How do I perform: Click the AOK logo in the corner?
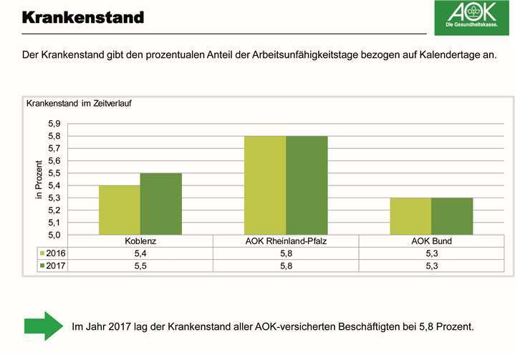tap(472, 18)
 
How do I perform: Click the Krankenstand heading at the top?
tap(82, 16)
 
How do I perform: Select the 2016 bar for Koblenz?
tap(120, 210)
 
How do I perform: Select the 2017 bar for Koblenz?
tap(161, 204)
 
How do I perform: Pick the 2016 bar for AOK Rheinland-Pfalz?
tap(265, 185)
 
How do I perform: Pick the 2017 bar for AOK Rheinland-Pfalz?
tap(307, 185)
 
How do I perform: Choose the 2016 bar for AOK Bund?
tap(410, 216)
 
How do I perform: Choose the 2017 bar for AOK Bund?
tap(452, 216)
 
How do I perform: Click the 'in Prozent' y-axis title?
tap(41, 180)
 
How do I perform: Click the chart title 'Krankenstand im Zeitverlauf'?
tap(79, 103)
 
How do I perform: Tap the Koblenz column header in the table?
tap(140, 241)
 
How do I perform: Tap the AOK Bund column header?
tap(431, 241)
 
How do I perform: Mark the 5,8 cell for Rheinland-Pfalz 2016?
tap(286, 253)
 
